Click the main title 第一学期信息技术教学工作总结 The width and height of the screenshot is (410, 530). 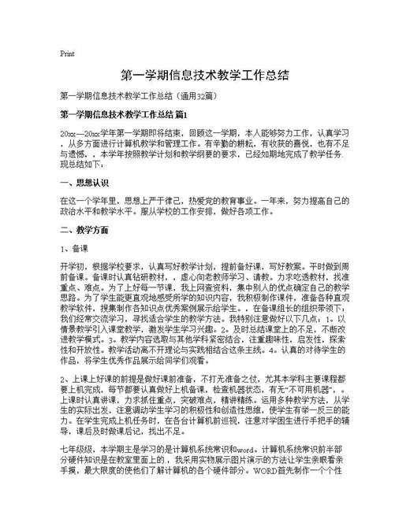[204, 76]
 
